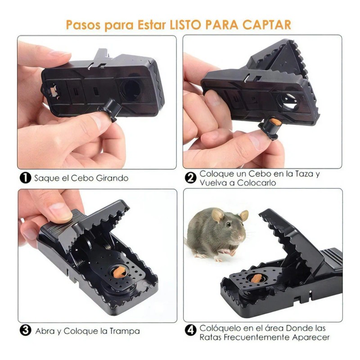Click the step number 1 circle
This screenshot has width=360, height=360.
26,178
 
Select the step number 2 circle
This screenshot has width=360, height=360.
191,178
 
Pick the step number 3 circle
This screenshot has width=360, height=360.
26,331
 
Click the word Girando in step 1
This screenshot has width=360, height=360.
111,178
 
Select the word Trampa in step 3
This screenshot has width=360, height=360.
125,331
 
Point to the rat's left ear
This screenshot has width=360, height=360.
218,215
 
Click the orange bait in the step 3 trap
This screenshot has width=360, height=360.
119,273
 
